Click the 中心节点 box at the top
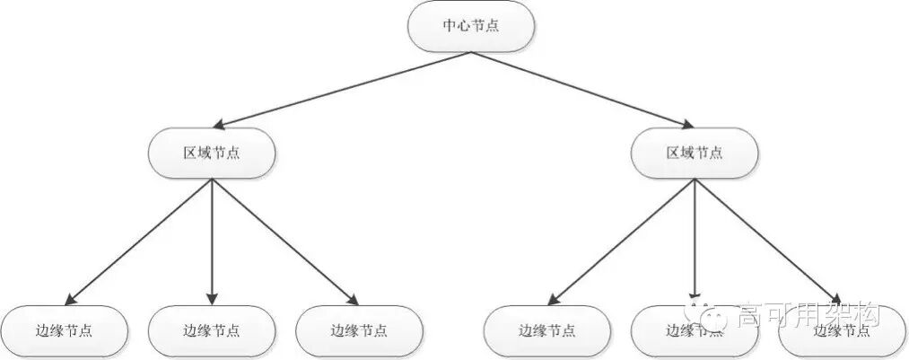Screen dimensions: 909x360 471,26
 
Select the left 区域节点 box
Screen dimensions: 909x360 212,152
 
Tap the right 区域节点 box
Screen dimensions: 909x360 695,152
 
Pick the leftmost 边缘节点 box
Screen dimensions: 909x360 64,330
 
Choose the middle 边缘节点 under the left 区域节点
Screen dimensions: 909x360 212,330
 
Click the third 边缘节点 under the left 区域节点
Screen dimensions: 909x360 359,330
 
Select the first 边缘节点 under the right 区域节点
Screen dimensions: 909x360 547,330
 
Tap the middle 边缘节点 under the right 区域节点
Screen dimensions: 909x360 695,330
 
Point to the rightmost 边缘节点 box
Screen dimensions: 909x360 842,330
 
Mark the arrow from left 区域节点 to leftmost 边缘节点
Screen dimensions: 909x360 139,241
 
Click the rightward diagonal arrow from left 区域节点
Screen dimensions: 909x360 285,241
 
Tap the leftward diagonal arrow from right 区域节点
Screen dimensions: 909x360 621,241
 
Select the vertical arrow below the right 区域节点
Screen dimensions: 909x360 695,238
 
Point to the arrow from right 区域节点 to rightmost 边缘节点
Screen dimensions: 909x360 768,241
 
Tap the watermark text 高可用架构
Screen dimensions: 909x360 808,314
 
